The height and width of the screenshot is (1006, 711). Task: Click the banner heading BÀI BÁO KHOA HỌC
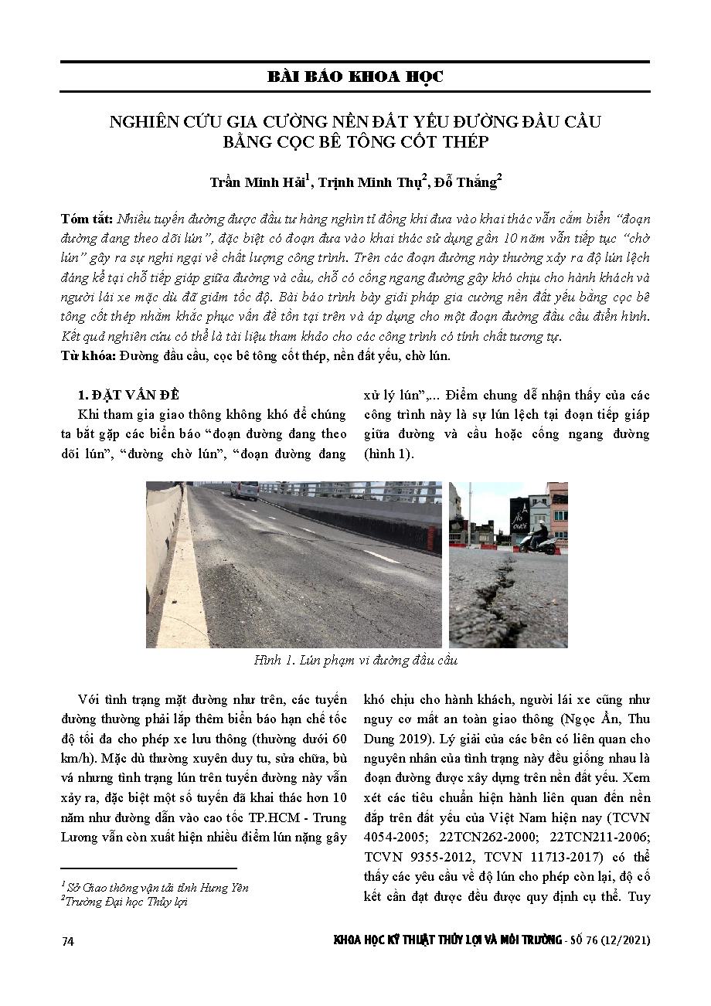(355, 76)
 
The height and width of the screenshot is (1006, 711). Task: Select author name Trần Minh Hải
(257, 182)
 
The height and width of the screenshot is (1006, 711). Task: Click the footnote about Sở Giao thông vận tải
(155, 888)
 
